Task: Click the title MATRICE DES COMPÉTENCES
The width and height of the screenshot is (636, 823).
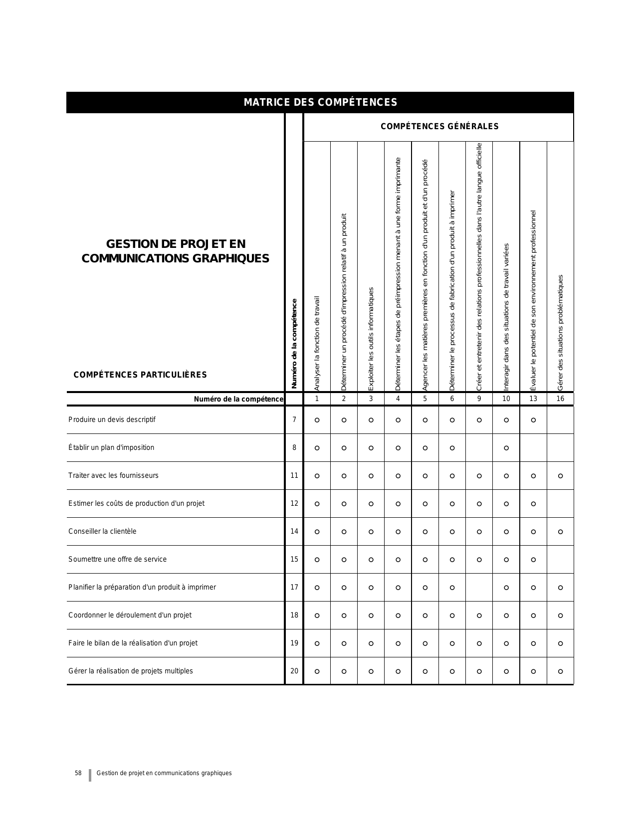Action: click(x=320, y=102)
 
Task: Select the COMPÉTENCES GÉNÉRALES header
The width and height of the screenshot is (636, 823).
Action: click(x=439, y=126)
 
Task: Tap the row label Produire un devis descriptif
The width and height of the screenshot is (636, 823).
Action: click(x=112, y=419)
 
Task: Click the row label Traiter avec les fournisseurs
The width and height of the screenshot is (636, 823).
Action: click(x=113, y=475)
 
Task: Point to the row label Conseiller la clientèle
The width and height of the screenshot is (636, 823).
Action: click(x=102, y=531)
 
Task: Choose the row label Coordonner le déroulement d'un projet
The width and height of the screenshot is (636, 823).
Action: click(x=130, y=615)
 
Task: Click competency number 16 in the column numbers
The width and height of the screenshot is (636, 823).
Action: click(x=560, y=399)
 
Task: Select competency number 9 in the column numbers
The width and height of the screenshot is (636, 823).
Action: click(x=479, y=399)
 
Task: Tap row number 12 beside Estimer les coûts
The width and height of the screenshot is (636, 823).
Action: click(x=294, y=503)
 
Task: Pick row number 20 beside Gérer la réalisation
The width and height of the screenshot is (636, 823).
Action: click(x=294, y=671)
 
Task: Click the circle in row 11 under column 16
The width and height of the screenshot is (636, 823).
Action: click(x=560, y=476)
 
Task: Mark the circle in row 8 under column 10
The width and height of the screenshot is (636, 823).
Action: click(x=506, y=448)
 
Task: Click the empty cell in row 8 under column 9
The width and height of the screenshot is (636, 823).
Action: click(x=479, y=448)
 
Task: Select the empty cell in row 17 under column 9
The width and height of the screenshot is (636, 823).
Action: click(x=479, y=588)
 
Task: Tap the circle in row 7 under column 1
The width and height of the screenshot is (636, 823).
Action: click(x=317, y=420)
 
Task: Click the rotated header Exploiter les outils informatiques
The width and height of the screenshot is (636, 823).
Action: click(x=371, y=339)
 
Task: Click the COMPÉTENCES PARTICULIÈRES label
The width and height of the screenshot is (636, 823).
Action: click(x=140, y=375)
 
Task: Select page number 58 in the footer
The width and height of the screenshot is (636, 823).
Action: click(x=78, y=773)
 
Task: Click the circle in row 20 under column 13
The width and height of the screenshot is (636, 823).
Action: click(x=533, y=671)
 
